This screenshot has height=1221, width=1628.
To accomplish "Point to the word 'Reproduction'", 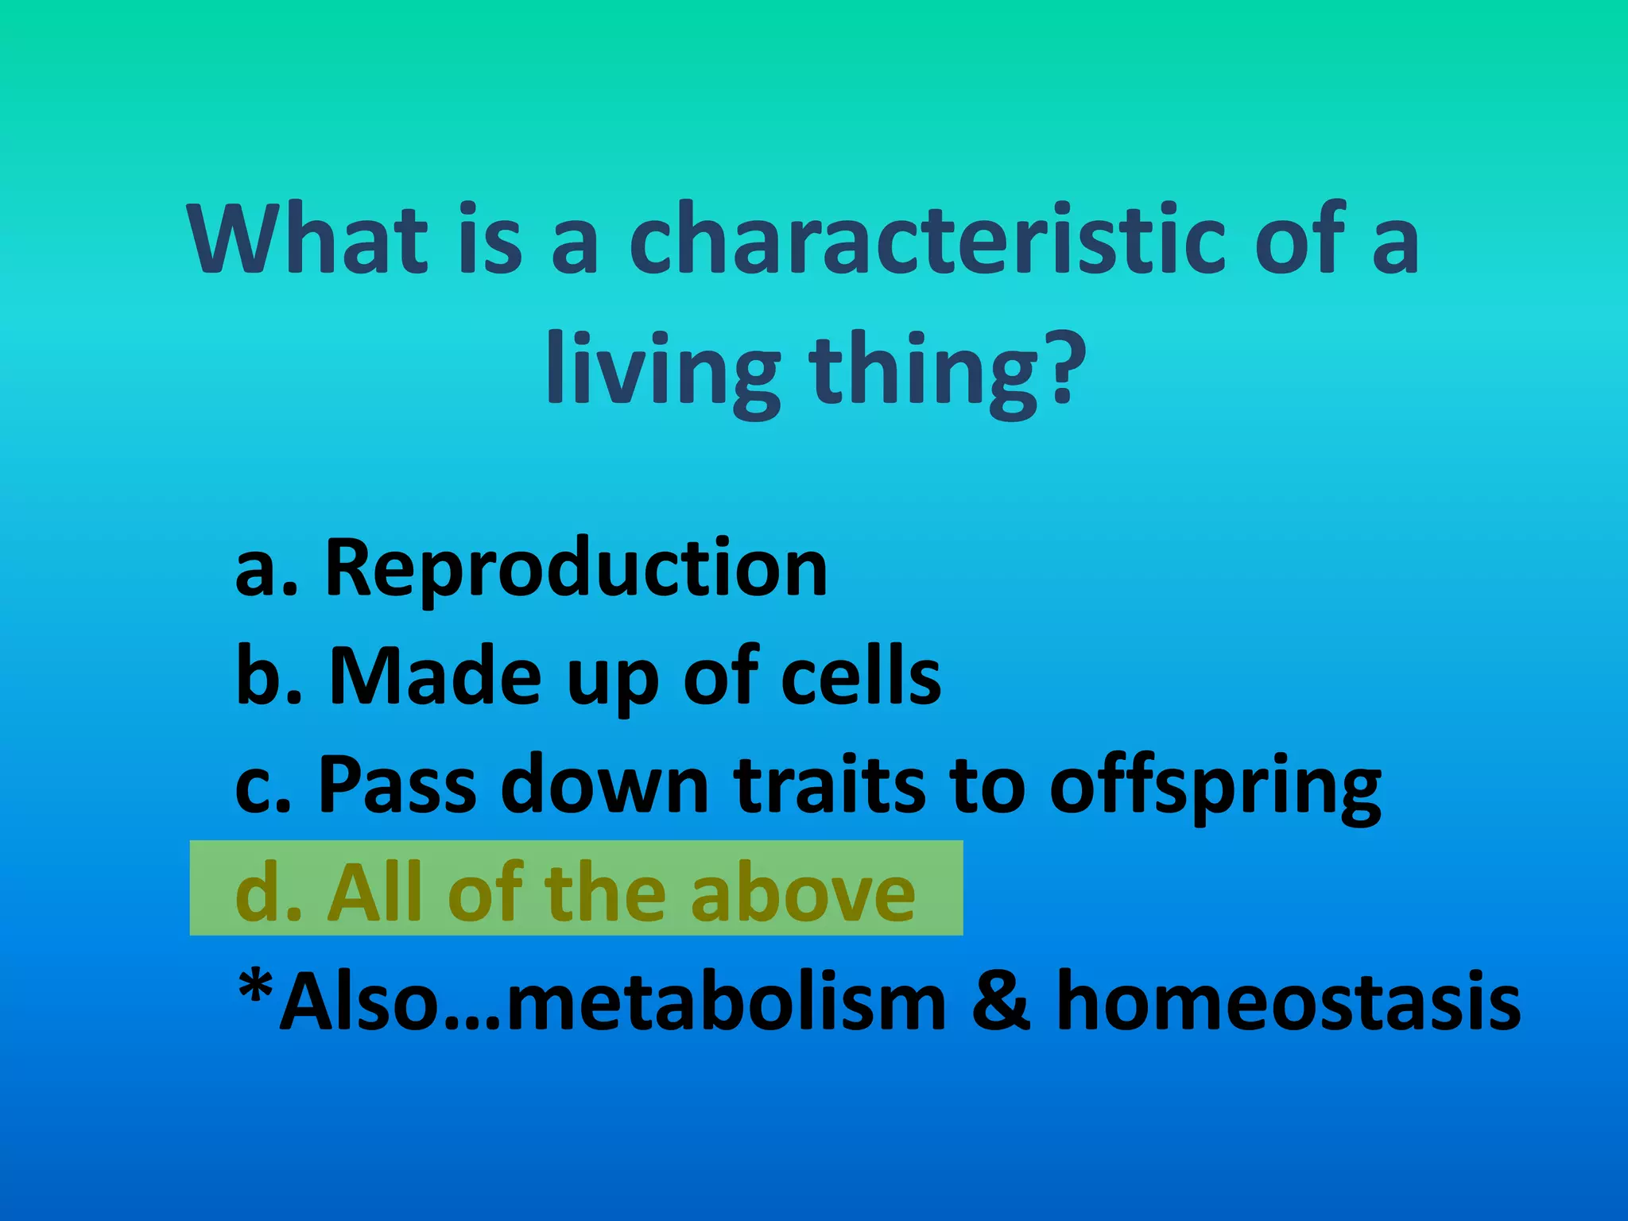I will (x=576, y=568).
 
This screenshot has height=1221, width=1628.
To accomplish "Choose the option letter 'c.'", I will (x=263, y=787).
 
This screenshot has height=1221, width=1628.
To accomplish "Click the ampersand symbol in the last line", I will (x=1001, y=1002).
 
